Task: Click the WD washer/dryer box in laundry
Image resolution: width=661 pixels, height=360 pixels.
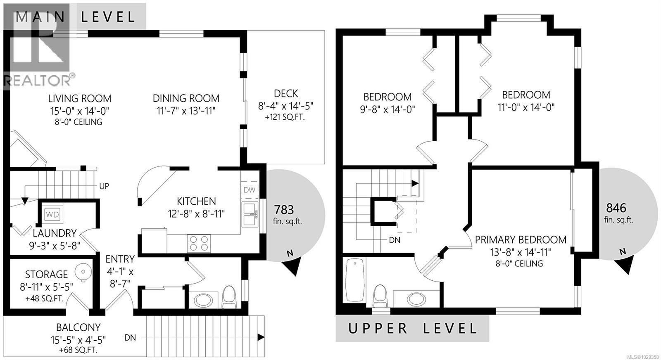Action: tap(52, 214)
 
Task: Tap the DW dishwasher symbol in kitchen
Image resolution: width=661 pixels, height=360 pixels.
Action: tap(250, 190)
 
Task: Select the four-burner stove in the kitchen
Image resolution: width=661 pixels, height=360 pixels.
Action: tap(199, 243)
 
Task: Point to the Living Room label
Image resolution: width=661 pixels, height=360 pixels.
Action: tap(80, 99)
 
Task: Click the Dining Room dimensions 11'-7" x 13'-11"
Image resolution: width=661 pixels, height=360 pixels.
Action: tap(186, 111)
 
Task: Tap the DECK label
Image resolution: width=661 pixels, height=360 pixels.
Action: tap(285, 94)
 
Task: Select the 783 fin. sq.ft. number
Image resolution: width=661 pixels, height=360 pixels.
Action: tap(284, 210)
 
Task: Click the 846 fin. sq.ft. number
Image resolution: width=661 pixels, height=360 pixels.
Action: tap(616, 208)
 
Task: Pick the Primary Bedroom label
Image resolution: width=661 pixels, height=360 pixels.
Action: tap(521, 240)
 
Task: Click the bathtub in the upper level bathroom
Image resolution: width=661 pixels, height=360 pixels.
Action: tap(354, 280)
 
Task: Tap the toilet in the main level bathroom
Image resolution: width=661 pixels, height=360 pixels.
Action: tap(228, 297)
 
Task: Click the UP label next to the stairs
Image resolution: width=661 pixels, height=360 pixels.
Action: tap(104, 186)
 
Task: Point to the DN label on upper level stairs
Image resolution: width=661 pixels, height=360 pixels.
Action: tap(395, 240)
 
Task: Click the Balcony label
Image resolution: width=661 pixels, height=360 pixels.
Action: tap(78, 327)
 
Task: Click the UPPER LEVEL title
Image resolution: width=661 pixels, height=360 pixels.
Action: tap(412, 329)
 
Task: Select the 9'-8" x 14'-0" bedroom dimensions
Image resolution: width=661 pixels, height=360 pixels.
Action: tap(387, 109)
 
